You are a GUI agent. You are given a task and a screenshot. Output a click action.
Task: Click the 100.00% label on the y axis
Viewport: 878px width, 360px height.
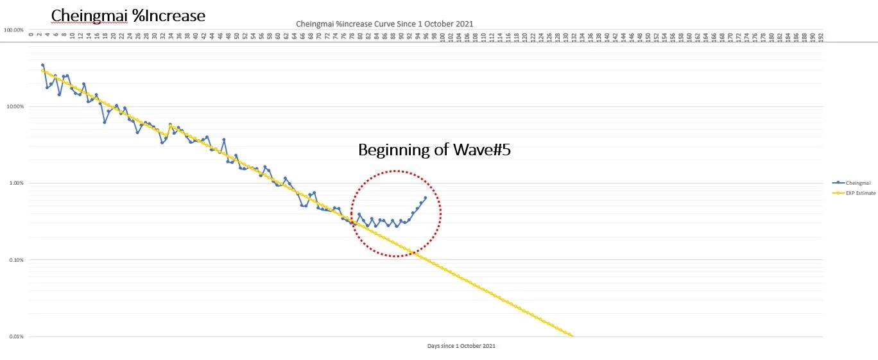[13, 30]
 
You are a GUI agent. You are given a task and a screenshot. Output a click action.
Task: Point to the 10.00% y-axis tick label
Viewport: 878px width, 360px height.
[15, 107]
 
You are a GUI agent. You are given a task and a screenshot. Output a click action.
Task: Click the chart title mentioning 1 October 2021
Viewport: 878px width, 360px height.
[384, 24]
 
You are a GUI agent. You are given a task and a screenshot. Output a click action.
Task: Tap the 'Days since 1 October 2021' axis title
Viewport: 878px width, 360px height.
[461, 346]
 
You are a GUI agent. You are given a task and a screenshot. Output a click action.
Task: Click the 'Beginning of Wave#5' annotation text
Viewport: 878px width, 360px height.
[434, 150]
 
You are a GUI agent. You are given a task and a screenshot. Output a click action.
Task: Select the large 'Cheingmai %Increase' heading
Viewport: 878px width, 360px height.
[128, 15]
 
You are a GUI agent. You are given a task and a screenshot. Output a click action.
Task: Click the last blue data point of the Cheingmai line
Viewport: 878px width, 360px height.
[425, 198]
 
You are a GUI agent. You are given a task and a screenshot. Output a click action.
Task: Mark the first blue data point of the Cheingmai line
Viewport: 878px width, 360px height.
[43, 65]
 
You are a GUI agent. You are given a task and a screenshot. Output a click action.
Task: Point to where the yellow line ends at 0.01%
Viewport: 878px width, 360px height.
[572, 336]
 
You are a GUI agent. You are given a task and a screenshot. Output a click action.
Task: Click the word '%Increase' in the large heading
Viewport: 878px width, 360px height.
[169, 15]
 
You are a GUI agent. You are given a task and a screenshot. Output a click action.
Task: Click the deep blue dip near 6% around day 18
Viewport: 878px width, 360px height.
[105, 122]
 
